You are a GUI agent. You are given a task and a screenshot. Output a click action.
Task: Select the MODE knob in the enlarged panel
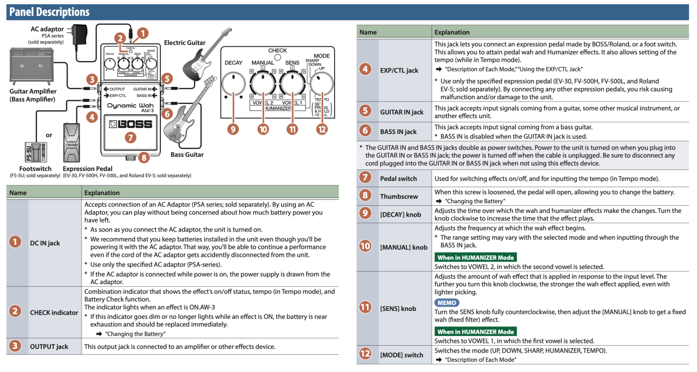(x=322, y=84)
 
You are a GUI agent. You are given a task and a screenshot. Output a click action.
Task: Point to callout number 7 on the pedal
(x=130, y=137)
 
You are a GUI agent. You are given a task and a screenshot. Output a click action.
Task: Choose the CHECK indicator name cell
(x=54, y=312)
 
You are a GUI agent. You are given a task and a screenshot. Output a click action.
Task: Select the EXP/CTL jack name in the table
(x=399, y=70)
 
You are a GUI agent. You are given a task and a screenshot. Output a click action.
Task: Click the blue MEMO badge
(x=447, y=303)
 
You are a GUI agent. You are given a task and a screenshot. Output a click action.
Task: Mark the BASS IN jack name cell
(x=398, y=131)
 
